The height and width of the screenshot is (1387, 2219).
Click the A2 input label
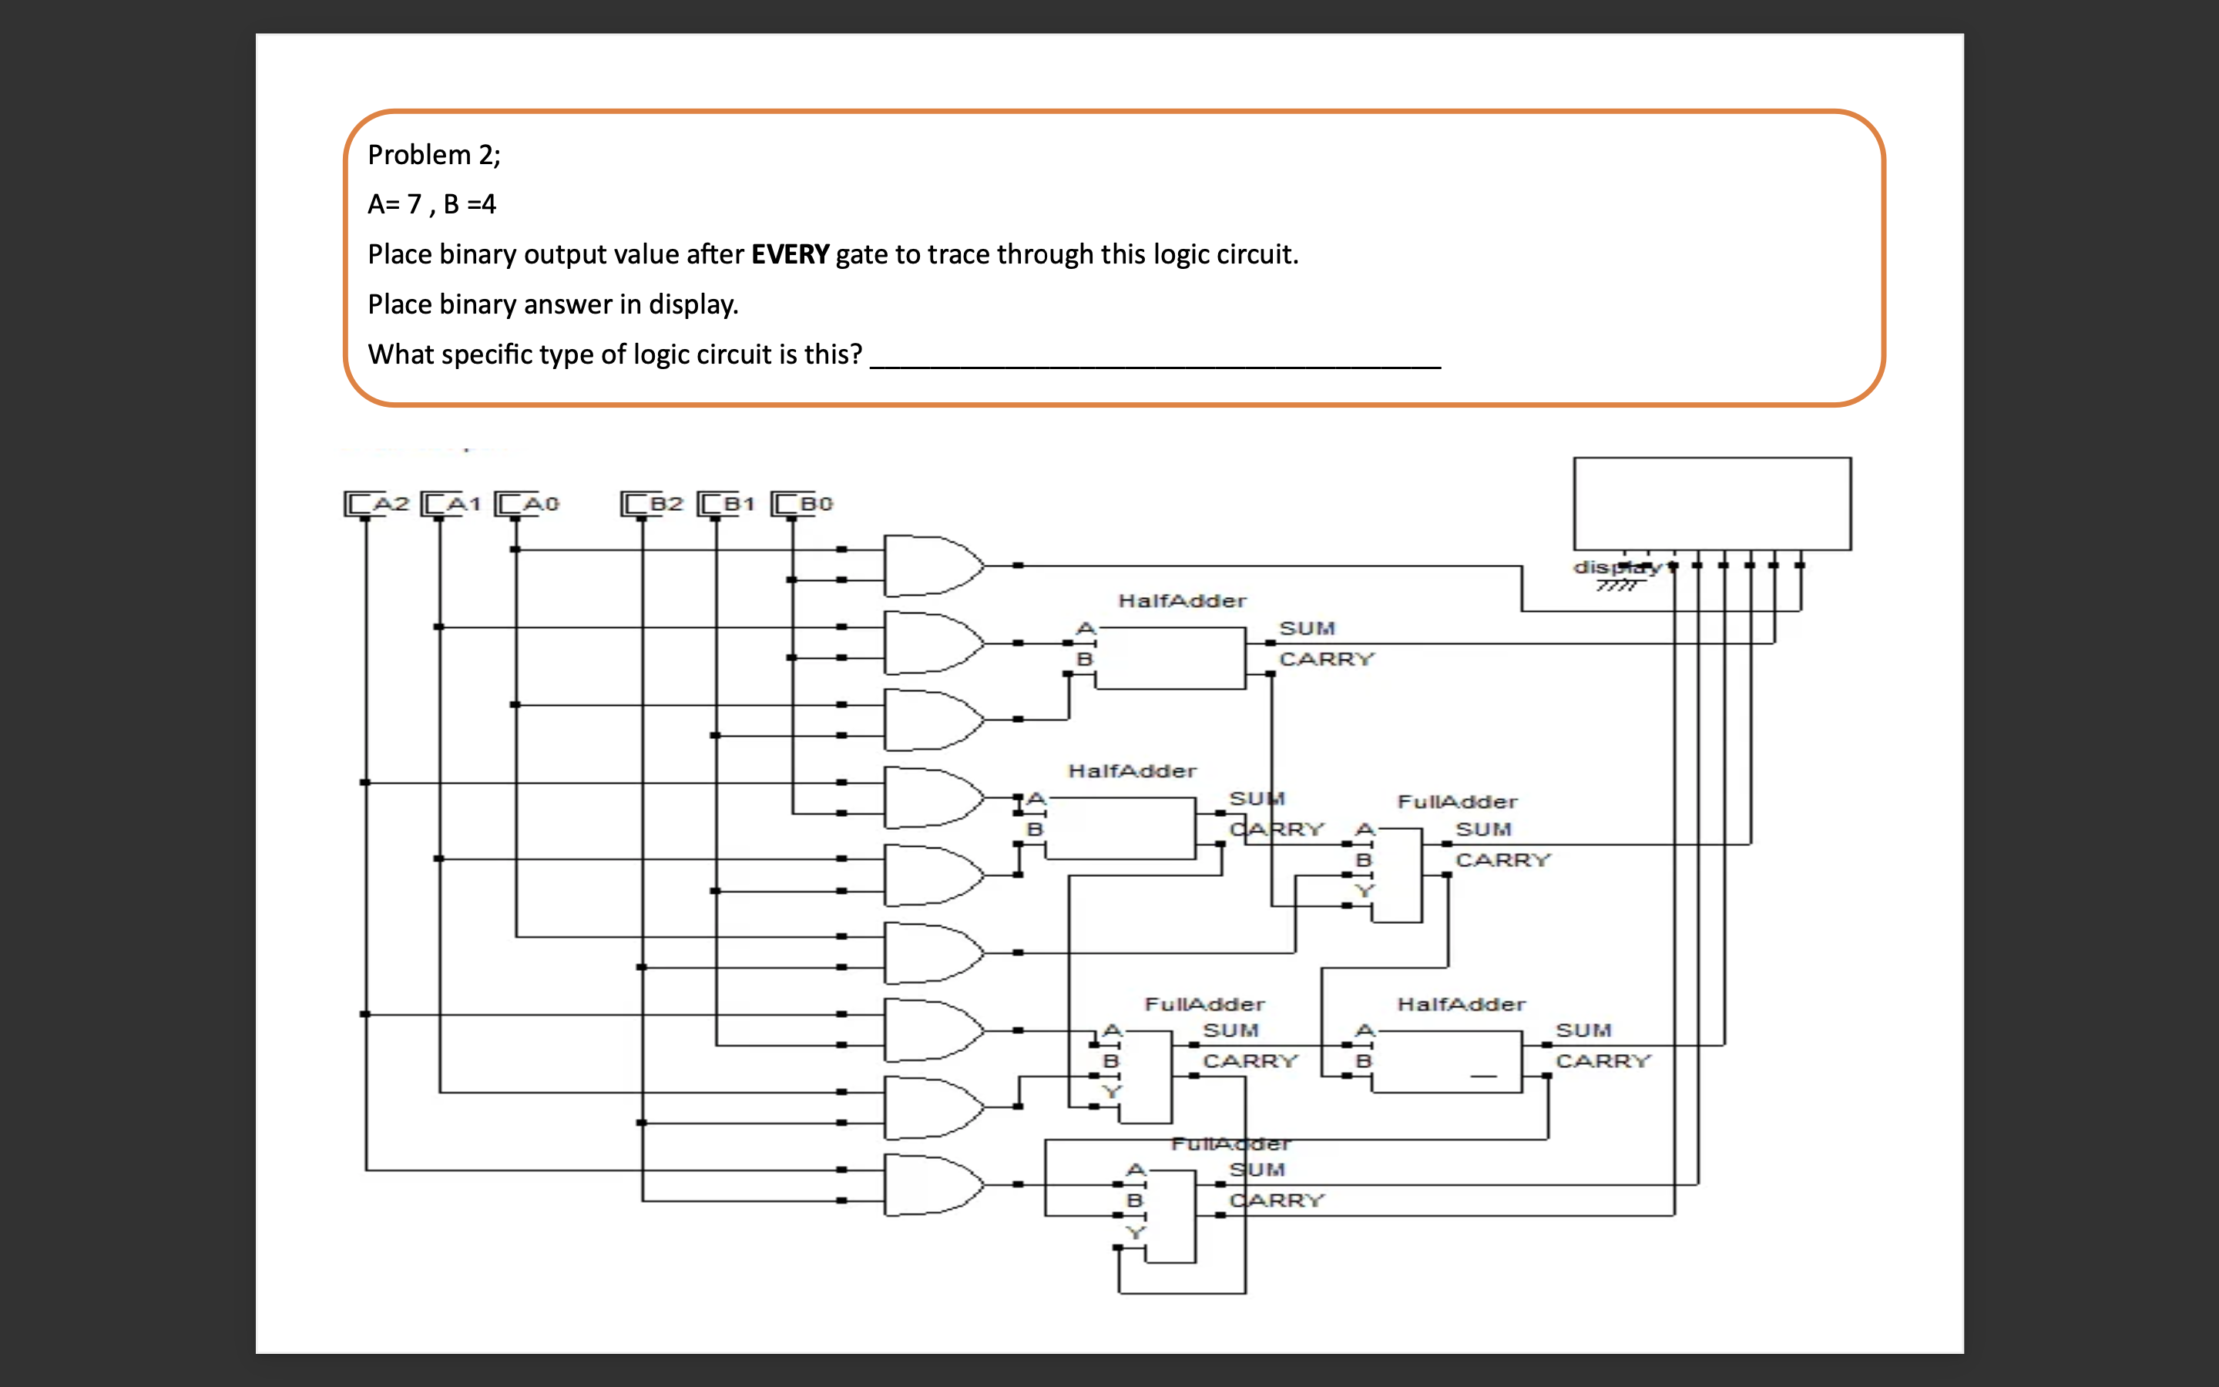click(390, 504)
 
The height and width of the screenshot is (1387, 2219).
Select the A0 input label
click(540, 504)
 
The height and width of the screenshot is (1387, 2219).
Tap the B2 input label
click(666, 504)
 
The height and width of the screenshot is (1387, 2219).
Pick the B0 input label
click(815, 504)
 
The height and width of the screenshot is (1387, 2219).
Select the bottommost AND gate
click(931, 1185)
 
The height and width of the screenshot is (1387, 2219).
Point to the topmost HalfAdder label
click(1181, 601)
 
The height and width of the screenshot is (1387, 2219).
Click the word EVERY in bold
click(790, 254)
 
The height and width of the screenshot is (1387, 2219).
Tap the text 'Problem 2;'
click(434, 155)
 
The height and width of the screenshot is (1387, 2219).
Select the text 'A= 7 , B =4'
click(431, 204)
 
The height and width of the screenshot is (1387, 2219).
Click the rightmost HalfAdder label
click(1460, 1005)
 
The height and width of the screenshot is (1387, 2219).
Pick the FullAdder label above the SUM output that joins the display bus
click(1456, 801)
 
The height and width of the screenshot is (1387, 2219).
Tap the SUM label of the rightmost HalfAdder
click(1583, 1031)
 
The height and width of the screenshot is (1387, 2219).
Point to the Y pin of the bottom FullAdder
click(1135, 1233)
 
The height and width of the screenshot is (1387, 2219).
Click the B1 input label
click(738, 504)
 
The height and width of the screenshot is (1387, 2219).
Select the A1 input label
click(463, 504)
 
